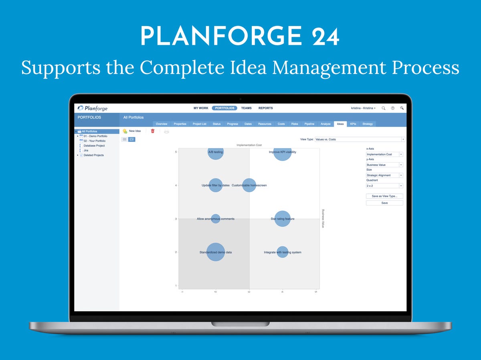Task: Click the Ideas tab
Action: pyautogui.click(x=340, y=124)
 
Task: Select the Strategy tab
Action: pyautogui.click(x=368, y=124)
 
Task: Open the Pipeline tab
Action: pyautogui.click(x=309, y=124)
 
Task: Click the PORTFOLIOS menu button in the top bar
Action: pyautogui.click(x=224, y=108)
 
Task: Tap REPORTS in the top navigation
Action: pyautogui.click(x=265, y=108)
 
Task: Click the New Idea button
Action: pyautogui.click(x=132, y=131)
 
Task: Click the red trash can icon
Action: pyautogui.click(x=153, y=131)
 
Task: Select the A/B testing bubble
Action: pyautogui.click(x=216, y=152)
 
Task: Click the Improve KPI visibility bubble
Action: pyautogui.click(x=283, y=152)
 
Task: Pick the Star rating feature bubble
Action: pyautogui.click(x=283, y=219)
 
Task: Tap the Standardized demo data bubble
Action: pyautogui.click(x=216, y=252)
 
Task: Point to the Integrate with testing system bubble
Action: pyautogui.click(x=283, y=252)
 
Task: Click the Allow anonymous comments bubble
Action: pyautogui.click(x=216, y=219)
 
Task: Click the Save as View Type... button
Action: pyautogui.click(x=384, y=196)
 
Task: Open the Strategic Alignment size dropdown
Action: pyautogui.click(x=384, y=175)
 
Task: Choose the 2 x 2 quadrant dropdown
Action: pyautogui.click(x=384, y=186)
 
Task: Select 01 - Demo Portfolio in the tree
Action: pyautogui.click(x=95, y=136)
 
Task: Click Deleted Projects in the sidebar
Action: pyautogui.click(x=94, y=155)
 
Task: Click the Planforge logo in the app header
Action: pyautogui.click(x=93, y=108)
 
